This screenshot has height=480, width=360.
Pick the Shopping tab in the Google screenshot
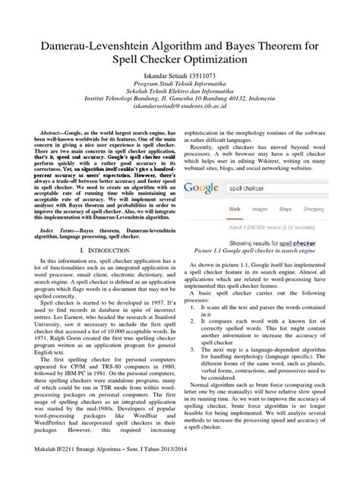coord(321,207)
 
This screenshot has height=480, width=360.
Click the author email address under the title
coord(180,108)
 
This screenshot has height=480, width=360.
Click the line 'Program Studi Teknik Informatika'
coord(180,87)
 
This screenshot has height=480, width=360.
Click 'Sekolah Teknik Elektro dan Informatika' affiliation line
coord(180,94)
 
